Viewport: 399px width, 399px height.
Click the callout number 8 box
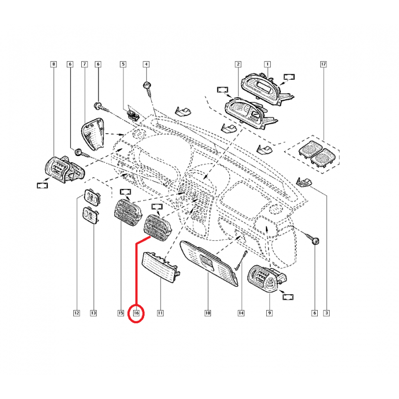point(54,64)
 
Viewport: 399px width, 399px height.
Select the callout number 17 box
point(324,64)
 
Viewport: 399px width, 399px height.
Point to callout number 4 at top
point(146,64)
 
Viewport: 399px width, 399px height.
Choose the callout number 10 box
point(207,313)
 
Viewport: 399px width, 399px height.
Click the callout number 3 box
point(326,313)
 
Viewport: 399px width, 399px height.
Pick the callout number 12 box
point(77,313)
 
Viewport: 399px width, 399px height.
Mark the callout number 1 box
point(267,64)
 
